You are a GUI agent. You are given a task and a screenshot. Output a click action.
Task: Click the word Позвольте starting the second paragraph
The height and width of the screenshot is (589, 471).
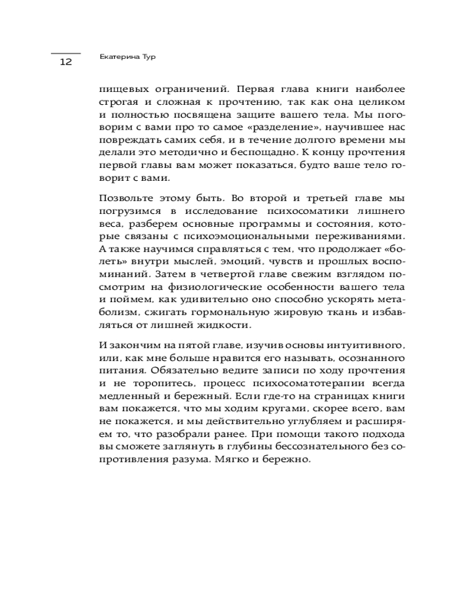pyautogui.click(x=126, y=197)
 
